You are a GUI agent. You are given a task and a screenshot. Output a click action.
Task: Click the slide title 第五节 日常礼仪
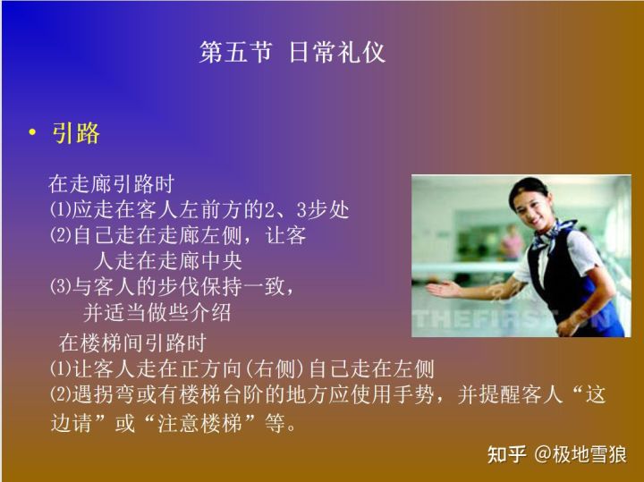point(292,52)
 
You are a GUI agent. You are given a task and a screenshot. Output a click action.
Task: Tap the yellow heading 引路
point(76,133)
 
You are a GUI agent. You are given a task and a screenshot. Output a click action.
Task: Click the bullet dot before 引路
point(32,134)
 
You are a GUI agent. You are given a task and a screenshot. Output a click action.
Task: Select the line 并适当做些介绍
point(157,313)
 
